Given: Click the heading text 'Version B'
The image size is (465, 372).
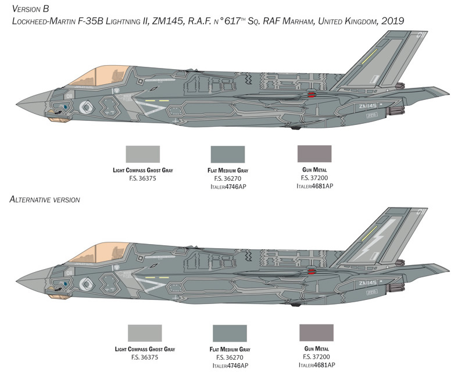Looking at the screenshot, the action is click(30, 9).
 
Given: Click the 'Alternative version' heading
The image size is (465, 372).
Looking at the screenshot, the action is click(45, 199).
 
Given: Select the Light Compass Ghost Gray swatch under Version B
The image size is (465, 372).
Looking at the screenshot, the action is click(142, 154).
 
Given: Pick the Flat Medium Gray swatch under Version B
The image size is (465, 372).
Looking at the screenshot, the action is click(228, 154).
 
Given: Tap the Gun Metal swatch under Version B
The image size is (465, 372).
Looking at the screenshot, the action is click(314, 153).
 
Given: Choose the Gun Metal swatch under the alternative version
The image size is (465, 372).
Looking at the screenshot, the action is click(316, 332).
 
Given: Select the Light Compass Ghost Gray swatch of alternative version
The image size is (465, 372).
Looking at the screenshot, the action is click(145, 333).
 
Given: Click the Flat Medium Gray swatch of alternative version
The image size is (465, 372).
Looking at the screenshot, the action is click(230, 334).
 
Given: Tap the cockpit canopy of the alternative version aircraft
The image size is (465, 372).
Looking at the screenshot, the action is click(99, 253).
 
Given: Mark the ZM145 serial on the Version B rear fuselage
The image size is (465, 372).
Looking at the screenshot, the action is click(367, 106).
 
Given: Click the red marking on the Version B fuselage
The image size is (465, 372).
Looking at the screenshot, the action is click(312, 95).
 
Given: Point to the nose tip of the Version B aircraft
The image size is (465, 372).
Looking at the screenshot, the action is click(17, 105).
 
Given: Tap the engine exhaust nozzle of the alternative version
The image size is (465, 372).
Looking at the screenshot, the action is click(396, 287).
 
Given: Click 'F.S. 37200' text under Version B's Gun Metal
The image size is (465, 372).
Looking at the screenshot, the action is click(314, 178).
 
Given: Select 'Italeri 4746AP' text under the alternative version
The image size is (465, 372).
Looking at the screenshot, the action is click(230, 366).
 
